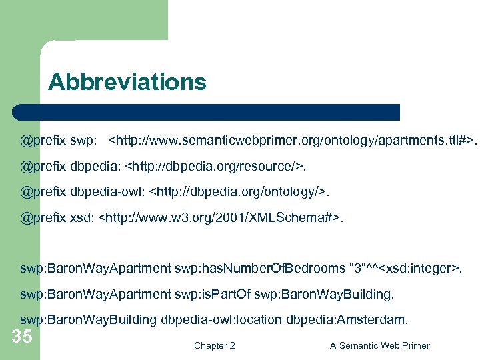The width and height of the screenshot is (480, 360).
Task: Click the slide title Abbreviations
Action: pyautogui.click(x=127, y=82)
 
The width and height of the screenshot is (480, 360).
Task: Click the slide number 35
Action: pyautogui.click(x=22, y=336)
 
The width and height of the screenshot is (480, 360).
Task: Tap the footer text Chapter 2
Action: pyautogui.click(x=214, y=345)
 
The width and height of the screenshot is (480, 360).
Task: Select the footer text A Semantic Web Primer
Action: pyautogui.click(x=380, y=345)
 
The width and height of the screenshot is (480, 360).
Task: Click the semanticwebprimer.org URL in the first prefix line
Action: pyautogui.click(x=293, y=141)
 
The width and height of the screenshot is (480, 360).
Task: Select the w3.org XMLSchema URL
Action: pyautogui.click(x=221, y=217)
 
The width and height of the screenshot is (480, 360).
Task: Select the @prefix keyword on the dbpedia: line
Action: pyautogui.click(x=39, y=167)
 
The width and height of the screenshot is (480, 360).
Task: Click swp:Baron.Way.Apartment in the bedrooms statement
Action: pyautogui.click(x=95, y=269)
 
